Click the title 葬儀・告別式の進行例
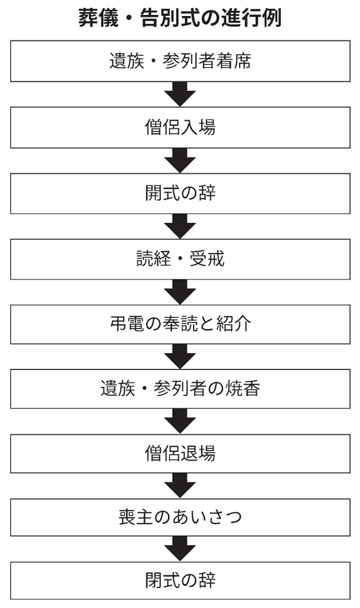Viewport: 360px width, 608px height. coord(180,18)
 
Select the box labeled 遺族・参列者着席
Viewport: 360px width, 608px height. coord(180,62)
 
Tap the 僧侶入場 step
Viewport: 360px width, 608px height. coord(180,127)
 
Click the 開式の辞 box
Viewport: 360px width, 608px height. coord(180,194)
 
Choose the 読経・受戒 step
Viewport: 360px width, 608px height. coord(180,259)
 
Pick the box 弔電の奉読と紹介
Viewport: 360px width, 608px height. coord(180,324)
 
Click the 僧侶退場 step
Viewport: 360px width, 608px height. coord(180,454)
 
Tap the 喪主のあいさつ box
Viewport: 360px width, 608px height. coord(180,517)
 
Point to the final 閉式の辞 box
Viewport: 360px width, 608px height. coord(180,580)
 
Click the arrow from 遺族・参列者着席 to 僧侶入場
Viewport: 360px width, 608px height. coord(180,94)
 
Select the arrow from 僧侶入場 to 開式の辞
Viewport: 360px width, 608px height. coord(180,160)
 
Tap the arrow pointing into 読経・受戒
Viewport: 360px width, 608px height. coord(180,226)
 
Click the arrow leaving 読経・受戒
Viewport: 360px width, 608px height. coord(180,292)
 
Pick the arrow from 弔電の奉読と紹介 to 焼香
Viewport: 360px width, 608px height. coord(180,357)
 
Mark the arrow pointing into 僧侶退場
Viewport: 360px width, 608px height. coord(180,421)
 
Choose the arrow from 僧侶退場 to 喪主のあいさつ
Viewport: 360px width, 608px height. coord(180,485)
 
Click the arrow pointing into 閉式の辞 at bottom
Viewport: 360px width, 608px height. coord(180,548)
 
